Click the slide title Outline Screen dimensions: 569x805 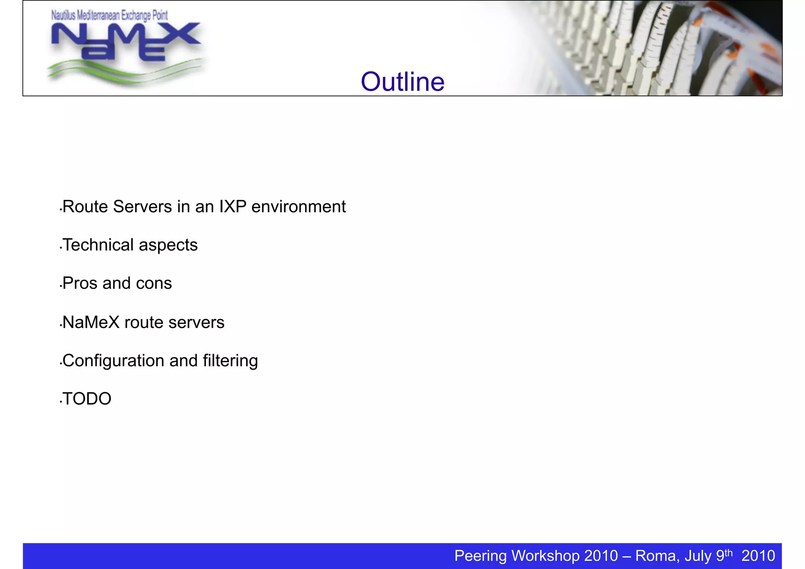click(402, 82)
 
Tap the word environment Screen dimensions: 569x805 click(298, 207)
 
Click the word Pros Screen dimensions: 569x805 click(80, 283)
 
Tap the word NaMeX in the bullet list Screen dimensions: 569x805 click(91, 322)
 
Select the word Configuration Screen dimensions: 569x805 click(114, 361)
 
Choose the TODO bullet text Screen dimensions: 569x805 click(87, 399)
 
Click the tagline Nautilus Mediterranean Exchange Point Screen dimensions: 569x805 click(110, 16)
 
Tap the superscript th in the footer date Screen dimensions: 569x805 click(728, 552)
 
